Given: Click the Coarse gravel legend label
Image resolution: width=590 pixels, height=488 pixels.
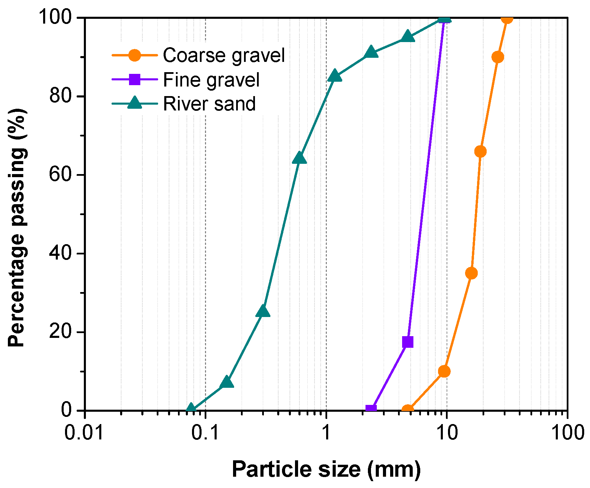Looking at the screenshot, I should [223, 55].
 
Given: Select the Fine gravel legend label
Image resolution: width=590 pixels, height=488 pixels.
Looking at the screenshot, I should [211, 80].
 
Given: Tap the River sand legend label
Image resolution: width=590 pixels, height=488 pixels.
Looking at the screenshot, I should [209, 104].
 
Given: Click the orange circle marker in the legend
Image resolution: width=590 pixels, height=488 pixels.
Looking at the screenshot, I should [134, 55].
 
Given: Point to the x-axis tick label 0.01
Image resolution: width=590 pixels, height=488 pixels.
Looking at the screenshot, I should [84, 433].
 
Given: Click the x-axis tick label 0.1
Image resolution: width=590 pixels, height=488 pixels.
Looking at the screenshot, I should [205, 433].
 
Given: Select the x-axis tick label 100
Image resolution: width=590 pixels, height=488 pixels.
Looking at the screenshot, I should [567, 433].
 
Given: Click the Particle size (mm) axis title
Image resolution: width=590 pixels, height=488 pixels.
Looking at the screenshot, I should [326, 469].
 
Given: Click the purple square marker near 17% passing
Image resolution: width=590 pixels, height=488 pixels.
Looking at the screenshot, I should [408, 342].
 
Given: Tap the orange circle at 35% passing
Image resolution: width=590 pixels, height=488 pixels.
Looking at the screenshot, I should [471, 273].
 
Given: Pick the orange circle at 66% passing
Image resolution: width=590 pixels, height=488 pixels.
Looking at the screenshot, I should [480, 151].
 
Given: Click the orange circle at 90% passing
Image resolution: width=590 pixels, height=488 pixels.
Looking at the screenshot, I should [498, 57].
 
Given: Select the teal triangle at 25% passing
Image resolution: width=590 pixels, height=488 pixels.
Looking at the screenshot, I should [263, 312].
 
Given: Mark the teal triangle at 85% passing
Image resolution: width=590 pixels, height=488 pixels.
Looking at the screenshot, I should [334, 76].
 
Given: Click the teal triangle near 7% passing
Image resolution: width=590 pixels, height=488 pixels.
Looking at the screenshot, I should [226, 382].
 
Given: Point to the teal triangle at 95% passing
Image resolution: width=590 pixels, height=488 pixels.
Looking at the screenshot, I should [408, 37].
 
